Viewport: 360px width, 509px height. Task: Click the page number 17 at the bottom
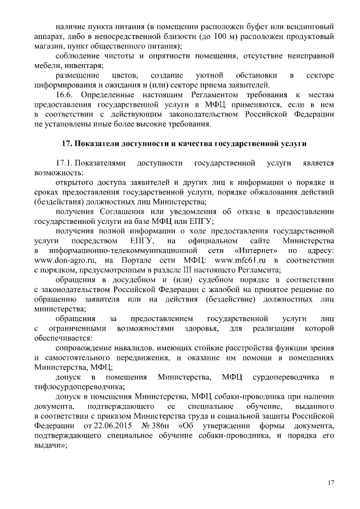tap(331, 483)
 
